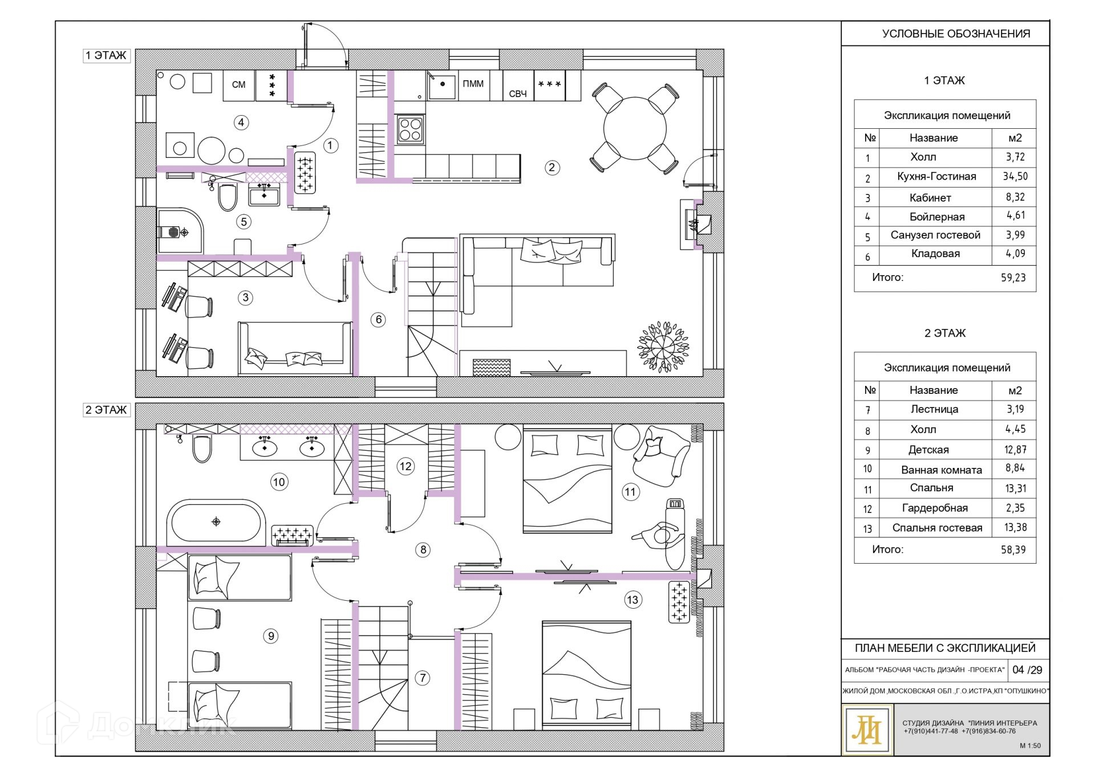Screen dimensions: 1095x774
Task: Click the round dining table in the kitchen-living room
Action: tap(635, 128)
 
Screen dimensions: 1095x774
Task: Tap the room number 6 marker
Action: tap(379, 320)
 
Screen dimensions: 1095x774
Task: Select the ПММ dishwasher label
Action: tap(473, 84)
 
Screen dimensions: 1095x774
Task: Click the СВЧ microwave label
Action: tap(518, 94)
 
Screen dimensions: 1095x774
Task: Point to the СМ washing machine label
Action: tap(238, 85)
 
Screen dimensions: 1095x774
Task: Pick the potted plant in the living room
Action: tap(663, 347)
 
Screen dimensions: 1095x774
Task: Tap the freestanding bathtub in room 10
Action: tap(216, 522)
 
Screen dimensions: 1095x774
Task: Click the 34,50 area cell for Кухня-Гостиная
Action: tap(1015, 177)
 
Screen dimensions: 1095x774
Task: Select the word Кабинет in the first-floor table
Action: tap(930, 198)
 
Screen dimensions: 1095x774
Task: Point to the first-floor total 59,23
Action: tap(1013, 278)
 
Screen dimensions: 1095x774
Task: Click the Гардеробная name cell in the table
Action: tap(935, 508)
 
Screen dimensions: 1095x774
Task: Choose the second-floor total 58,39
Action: tap(1013, 549)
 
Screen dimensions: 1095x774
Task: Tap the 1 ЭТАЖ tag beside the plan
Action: tap(106, 55)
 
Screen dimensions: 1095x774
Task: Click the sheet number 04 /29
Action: tap(1027, 670)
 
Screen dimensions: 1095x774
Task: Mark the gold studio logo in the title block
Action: tap(867, 730)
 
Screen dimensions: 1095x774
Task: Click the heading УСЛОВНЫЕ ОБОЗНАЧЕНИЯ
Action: tap(956, 34)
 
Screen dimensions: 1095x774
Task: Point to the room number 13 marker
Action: tap(632, 600)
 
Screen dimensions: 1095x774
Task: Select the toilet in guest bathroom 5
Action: tap(228, 196)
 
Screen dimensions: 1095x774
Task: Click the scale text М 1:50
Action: tap(1030, 746)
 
